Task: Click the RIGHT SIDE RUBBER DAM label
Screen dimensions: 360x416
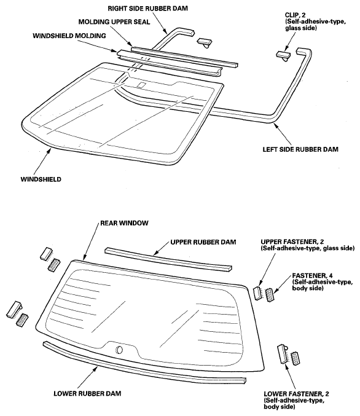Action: [147, 9]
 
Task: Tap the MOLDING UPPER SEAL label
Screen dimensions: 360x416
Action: [114, 22]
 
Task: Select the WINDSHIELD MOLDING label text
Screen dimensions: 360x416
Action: [69, 36]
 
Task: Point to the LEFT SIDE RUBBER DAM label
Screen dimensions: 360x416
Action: [300, 149]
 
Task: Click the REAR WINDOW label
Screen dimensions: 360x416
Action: [124, 223]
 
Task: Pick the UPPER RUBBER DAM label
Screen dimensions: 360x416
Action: [203, 242]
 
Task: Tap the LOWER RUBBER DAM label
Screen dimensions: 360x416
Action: [87, 393]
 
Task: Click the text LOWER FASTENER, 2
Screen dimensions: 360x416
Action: [296, 394]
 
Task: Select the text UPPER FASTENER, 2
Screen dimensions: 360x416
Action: [292, 241]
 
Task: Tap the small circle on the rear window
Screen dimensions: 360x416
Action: [119, 350]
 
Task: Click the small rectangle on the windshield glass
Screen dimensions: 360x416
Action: [141, 85]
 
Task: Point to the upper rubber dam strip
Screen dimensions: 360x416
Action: [168, 259]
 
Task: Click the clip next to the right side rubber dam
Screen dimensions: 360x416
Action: [205, 42]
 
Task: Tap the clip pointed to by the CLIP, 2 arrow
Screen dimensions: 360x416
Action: [283, 56]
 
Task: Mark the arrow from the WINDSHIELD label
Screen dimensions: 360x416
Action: [42, 162]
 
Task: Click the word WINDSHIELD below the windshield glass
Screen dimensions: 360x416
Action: [41, 179]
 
